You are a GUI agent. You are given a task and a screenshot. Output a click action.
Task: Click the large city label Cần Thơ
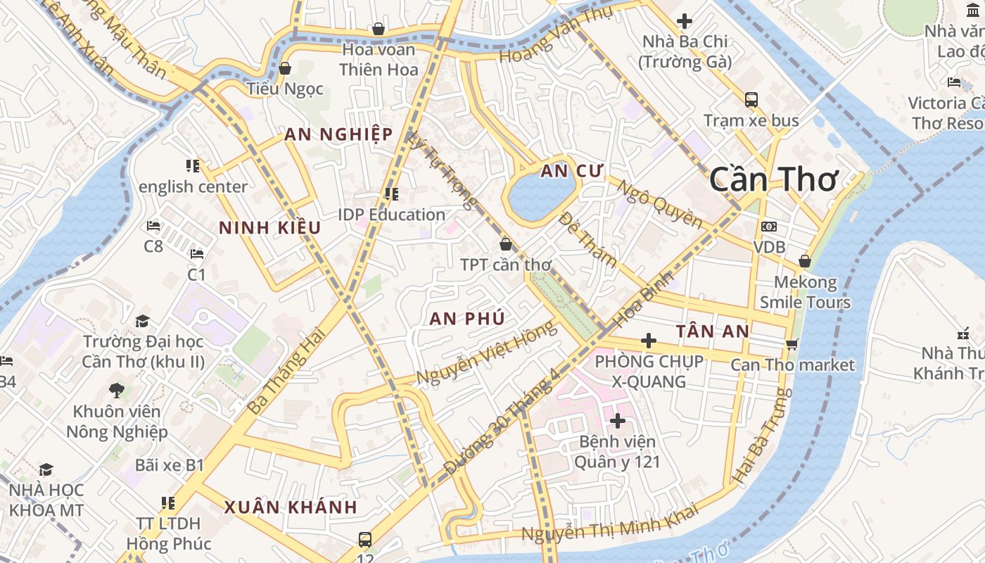774,179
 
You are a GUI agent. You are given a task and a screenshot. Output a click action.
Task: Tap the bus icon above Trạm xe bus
751,99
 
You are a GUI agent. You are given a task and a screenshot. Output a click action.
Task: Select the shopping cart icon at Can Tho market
792,344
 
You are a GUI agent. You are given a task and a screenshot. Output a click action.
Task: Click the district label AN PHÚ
467,318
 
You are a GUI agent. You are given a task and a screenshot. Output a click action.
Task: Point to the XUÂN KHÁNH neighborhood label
291,507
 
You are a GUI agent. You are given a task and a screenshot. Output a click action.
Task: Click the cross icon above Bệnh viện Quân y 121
617,421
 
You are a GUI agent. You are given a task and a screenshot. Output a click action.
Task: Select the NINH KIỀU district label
269,228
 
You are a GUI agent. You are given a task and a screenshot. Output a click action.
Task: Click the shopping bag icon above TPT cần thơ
505,244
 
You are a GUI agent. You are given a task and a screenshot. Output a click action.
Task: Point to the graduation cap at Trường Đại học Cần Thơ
143,321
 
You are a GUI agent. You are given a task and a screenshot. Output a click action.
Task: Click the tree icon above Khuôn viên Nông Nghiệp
117,390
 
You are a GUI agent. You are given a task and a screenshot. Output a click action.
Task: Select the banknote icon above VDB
769,227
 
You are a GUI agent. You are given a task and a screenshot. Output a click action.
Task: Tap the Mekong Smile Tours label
805,293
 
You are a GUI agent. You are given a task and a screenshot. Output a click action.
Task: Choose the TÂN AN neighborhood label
712,331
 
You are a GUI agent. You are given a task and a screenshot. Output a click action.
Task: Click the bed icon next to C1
197,253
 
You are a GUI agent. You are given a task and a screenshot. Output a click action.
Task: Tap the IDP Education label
391,215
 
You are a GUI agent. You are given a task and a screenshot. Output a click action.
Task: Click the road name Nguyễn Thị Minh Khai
609,522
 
